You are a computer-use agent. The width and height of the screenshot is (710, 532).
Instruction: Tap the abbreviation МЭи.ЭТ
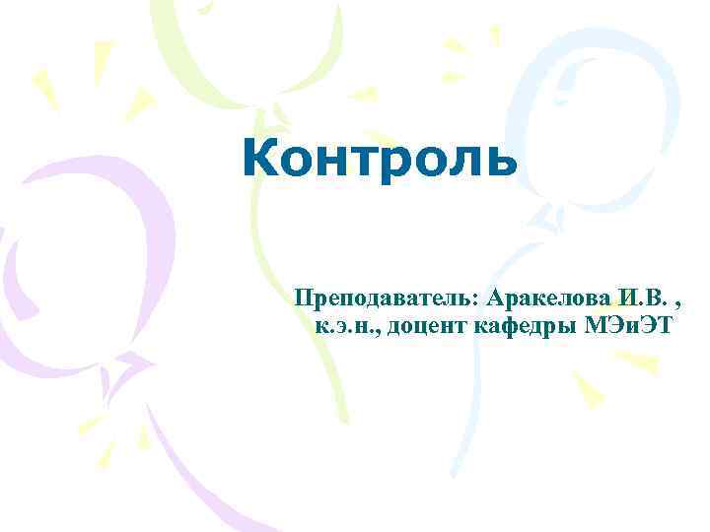pyautogui.click(x=621, y=326)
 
